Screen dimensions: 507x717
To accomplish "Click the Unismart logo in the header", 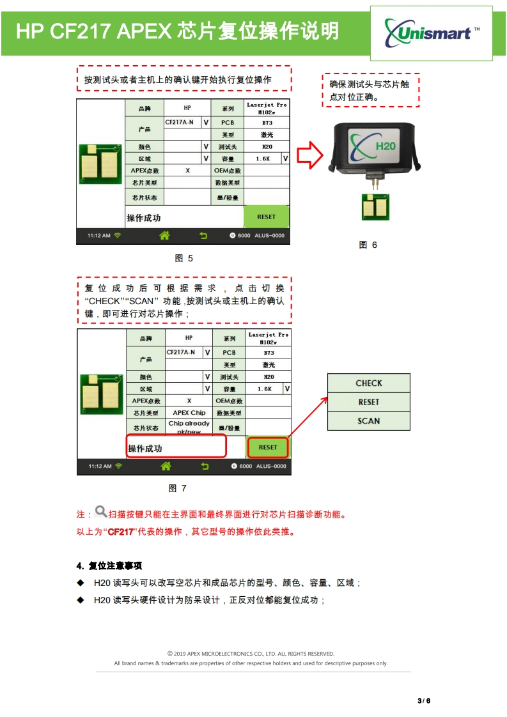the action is click(x=432, y=31).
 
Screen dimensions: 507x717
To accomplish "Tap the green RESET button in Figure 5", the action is click(x=266, y=217).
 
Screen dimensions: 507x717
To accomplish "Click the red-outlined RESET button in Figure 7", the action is click(x=268, y=447).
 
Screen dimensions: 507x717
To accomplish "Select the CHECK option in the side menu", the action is click(x=369, y=383).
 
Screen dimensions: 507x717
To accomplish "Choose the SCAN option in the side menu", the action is click(x=369, y=421).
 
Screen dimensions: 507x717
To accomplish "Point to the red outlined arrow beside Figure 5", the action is click(x=311, y=156).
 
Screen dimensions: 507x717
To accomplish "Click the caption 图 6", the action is click(x=368, y=245).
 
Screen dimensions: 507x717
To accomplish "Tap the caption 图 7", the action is click(x=177, y=488).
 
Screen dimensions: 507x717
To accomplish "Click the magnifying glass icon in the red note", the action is click(x=100, y=512).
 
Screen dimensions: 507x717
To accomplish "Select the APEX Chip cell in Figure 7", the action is click(x=189, y=413).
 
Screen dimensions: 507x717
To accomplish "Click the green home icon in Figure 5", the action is click(x=164, y=236).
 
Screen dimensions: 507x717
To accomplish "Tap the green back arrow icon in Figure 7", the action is click(x=205, y=466).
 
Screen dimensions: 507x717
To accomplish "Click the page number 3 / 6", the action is click(x=424, y=700).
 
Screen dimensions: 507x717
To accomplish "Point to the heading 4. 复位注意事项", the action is click(x=109, y=566).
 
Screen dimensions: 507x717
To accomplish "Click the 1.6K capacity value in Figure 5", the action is click(x=263, y=158).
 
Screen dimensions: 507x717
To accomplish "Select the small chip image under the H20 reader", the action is click(x=373, y=206).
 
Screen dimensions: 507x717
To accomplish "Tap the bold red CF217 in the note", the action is click(x=120, y=532).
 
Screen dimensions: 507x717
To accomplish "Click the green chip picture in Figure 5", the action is click(x=100, y=164).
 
